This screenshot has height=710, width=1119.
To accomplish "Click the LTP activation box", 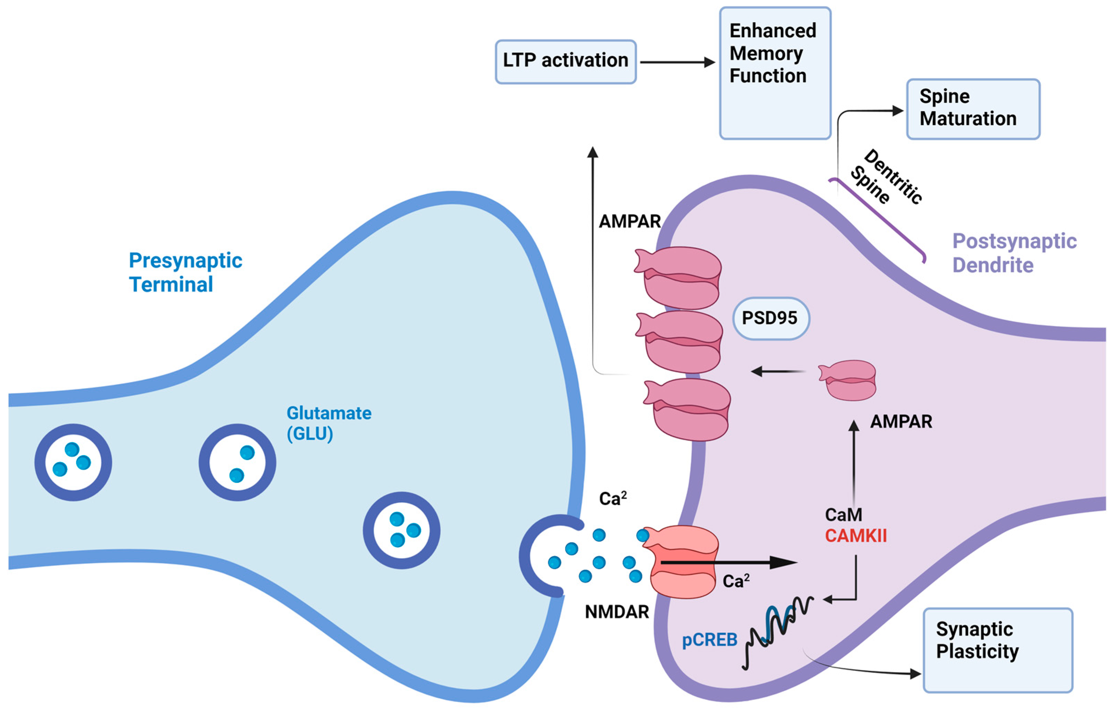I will tap(565, 61).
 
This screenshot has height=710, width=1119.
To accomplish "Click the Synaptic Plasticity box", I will tap(997, 650).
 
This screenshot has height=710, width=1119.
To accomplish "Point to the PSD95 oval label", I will tap(771, 318).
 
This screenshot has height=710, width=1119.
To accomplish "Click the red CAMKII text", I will tap(855, 536).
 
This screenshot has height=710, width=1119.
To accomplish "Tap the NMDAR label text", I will tap(616, 612).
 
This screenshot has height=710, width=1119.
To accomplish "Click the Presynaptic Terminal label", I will tap(185, 272).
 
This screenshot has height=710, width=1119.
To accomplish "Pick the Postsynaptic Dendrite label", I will tap(1014, 253).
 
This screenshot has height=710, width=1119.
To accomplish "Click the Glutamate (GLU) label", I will tap(328, 423).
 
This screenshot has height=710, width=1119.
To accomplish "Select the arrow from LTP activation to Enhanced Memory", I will tap(677, 62).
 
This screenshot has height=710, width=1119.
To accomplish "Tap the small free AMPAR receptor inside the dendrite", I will tap(848, 380).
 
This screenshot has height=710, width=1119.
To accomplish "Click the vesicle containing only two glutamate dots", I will tap(238, 462).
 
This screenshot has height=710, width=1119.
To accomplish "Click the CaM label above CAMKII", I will tap(843, 515).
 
